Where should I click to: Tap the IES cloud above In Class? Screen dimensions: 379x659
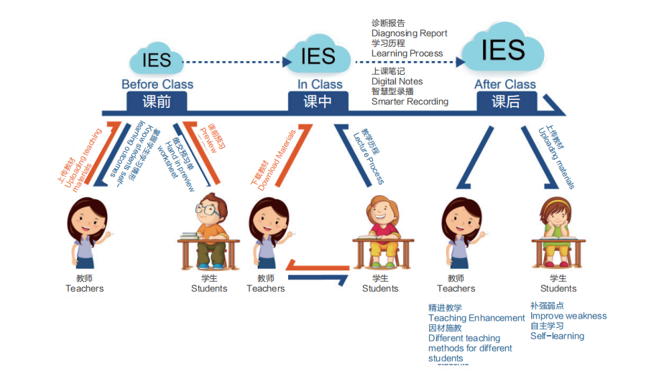click(x=318, y=55)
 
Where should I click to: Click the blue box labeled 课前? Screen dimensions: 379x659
click(x=157, y=102)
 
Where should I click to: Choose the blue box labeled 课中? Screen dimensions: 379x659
click(x=318, y=102)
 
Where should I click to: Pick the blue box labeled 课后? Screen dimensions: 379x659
click(x=505, y=102)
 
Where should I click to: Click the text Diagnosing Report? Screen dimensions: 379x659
click(x=409, y=33)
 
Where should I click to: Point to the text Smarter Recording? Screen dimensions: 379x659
click(x=410, y=101)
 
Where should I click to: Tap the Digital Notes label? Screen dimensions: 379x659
click(x=397, y=81)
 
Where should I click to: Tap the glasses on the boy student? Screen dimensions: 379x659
click(x=207, y=211)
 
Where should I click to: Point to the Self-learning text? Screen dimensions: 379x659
click(x=557, y=336)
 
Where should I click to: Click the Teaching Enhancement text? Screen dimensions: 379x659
click(x=476, y=318)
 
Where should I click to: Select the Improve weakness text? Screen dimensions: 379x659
click(x=568, y=316)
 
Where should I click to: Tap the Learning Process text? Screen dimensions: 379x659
click(x=407, y=53)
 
